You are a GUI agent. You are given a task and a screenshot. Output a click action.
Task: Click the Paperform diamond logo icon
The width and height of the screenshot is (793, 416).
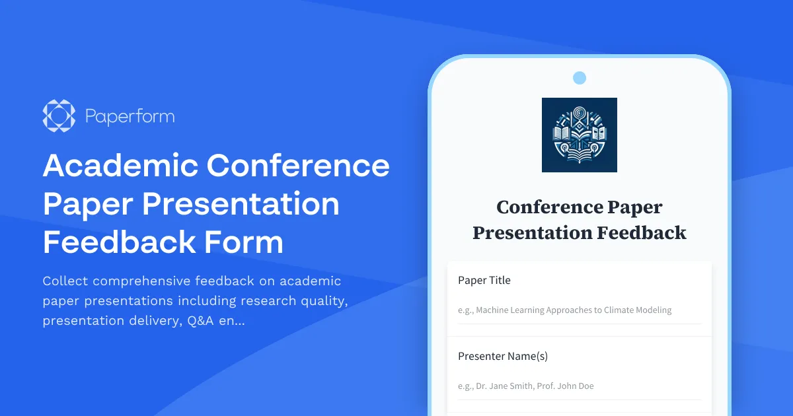(58, 116)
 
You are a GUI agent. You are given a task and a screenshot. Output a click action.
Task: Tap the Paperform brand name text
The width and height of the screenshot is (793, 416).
(130, 117)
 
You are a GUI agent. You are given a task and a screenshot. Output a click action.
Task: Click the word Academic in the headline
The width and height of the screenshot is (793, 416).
(120, 165)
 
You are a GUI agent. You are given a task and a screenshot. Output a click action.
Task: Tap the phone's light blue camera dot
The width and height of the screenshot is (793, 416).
(580, 78)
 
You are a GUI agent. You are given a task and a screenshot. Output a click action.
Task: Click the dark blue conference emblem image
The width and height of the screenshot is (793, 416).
(580, 135)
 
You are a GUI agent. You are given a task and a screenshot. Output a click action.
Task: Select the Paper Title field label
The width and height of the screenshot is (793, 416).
(484, 280)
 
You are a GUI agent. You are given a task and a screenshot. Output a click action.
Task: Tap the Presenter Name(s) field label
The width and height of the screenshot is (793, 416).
(503, 356)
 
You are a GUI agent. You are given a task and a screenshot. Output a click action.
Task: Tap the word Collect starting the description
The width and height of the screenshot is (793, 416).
(65, 281)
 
